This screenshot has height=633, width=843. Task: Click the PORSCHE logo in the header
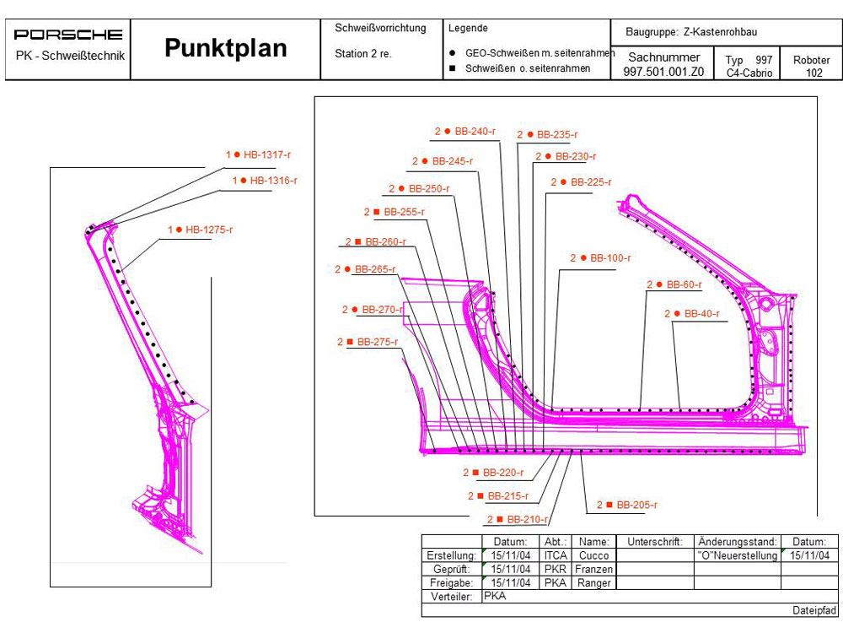coord(68,35)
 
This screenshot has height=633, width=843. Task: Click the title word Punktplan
coord(225,48)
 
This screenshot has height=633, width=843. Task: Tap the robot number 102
coord(813,73)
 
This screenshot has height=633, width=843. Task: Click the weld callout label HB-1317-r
coord(267,154)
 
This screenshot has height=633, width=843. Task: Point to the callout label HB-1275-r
coord(209,230)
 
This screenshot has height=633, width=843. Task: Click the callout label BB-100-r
coord(610,258)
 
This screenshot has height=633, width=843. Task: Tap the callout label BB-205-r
coord(636,505)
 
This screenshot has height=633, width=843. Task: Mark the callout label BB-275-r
coord(377,342)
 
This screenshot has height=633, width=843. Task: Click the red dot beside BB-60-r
coord(658,285)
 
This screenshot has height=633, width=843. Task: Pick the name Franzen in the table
coord(593,569)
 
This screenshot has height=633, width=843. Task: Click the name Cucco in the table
coord(593,555)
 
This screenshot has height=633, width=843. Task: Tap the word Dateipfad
coord(814,609)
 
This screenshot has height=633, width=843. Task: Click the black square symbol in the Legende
coord(454,68)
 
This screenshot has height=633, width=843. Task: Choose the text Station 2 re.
coord(363,54)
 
